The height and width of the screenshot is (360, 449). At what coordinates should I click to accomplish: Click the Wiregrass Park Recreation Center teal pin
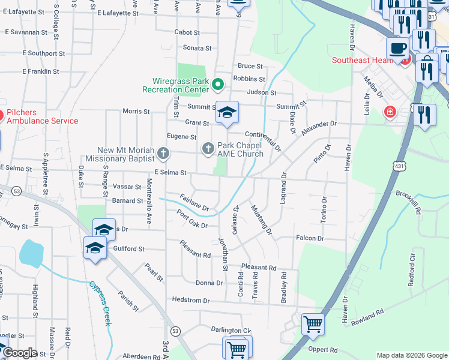point(218,85)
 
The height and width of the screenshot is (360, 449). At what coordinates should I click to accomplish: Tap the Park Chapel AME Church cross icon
point(208,148)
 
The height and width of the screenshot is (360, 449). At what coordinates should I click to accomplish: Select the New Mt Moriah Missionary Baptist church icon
point(163,154)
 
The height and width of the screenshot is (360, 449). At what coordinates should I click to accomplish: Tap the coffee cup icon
point(397,47)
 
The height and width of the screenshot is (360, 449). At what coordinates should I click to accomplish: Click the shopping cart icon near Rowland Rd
point(313,324)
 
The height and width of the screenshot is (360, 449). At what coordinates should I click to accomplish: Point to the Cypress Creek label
point(100,303)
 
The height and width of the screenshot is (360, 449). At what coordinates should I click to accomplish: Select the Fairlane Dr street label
point(193,203)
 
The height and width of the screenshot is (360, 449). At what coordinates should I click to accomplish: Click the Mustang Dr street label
point(261,219)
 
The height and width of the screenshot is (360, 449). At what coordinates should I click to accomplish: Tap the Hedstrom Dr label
point(190,300)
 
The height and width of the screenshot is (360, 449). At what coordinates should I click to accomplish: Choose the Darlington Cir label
point(231,330)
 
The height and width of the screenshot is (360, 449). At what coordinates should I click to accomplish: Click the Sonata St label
point(197,48)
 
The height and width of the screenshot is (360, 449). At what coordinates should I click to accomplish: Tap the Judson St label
point(265,93)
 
